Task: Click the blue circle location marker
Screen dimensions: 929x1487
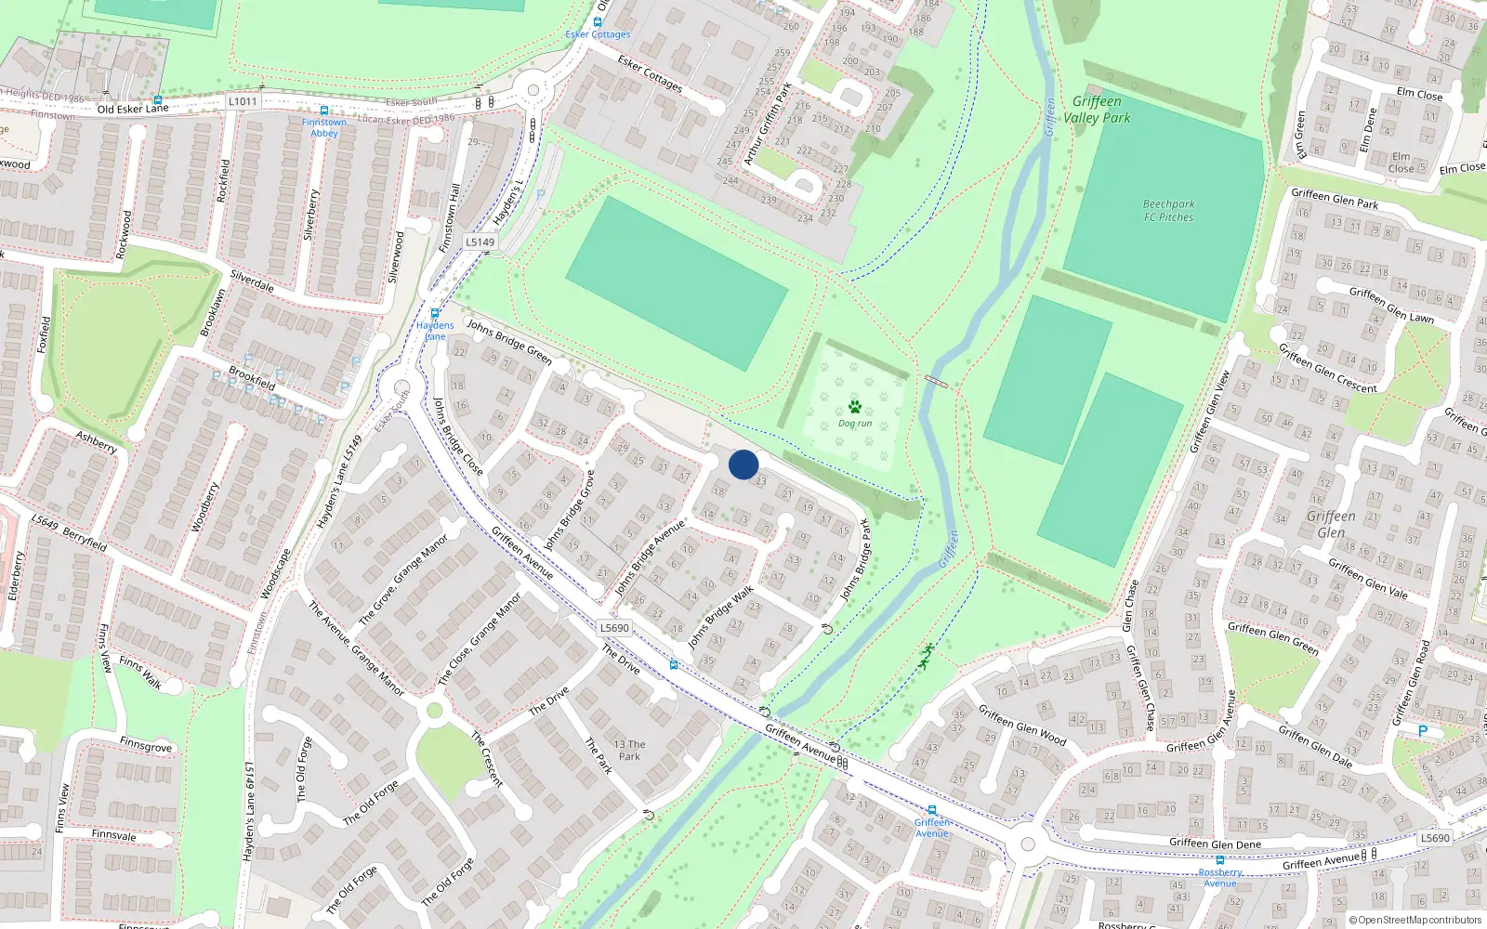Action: [x=743, y=464]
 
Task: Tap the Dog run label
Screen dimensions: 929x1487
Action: [x=855, y=424]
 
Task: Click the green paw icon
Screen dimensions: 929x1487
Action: [x=855, y=407]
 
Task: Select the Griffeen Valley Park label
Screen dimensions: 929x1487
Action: [x=1097, y=110]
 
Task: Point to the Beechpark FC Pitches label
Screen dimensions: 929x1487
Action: [x=1168, y=211]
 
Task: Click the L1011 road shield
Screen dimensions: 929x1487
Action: [x=243, y=101]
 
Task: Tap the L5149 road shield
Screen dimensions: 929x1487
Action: [x=480, y=242]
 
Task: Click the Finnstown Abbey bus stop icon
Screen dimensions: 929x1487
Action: [x=324, y=111]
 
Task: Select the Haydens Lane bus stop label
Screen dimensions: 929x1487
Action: [x=435, y=331]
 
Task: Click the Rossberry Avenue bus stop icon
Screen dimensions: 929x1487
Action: [x=1220, y=860]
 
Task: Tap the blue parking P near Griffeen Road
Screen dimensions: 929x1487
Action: [x=1422, y=731]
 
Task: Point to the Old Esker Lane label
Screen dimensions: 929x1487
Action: [x=133, y=109]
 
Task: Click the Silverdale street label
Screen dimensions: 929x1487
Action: [x=252, y=281]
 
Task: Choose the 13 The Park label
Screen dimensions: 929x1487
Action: [x=629, y=751]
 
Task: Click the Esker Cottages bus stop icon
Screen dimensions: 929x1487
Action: [x=598, y=22]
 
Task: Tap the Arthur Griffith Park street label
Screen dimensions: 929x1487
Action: [x=768, y=124]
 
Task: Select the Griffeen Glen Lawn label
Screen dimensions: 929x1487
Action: [x=1391, y=304]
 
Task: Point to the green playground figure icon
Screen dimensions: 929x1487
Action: [x=926, y=656]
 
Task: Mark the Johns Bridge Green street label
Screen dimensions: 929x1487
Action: [x=509, y=341]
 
